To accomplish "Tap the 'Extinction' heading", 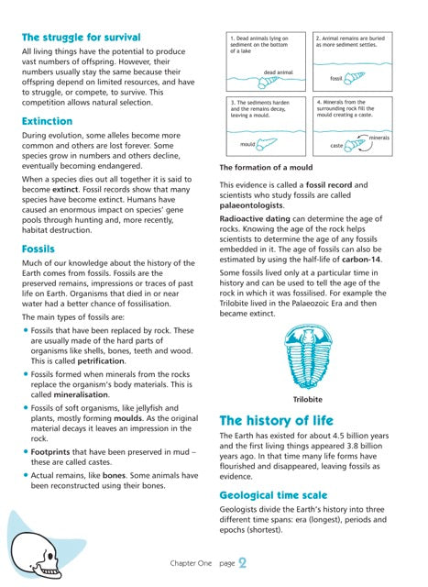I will (47, 121).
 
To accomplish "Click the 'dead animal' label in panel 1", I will (278, 71).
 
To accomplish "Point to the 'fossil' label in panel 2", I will (335, 80).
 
